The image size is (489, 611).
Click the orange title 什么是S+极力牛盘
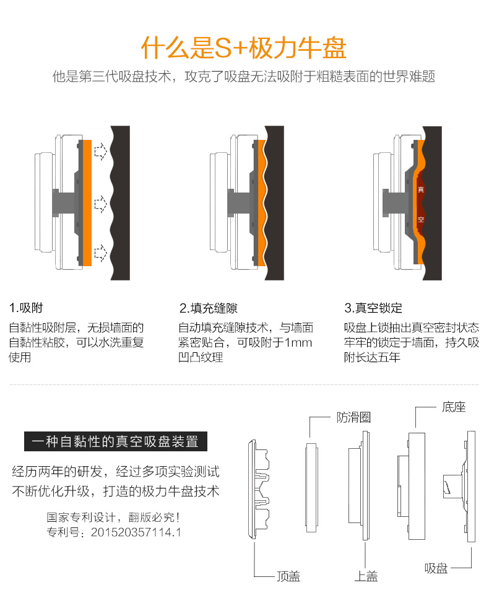point(243,48)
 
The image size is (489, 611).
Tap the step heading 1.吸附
point(26,308)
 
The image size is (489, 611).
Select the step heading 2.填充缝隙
point(209,308)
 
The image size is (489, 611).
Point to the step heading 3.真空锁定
point(373,308)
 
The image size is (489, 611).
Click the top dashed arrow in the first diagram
point(101,151)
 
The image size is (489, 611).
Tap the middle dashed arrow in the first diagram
point(101,204)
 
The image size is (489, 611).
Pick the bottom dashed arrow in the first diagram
point(101,253)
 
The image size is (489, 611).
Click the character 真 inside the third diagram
point(421,190)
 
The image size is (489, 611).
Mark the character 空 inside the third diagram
point(421,219)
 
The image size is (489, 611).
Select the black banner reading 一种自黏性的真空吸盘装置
point(116,441)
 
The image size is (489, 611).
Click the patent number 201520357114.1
point(136,532)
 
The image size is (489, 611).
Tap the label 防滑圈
point(354,417)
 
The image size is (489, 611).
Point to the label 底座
point(454,407)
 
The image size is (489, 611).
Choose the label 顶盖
point(288,576)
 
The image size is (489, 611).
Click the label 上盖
point(366,576)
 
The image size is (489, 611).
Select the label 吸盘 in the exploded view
point(436,568)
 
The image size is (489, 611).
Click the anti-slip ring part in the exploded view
point(311,487)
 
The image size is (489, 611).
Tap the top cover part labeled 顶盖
point(257,490)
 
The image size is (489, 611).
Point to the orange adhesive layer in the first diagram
point(87,203)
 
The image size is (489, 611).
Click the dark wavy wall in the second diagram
point(275,203)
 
